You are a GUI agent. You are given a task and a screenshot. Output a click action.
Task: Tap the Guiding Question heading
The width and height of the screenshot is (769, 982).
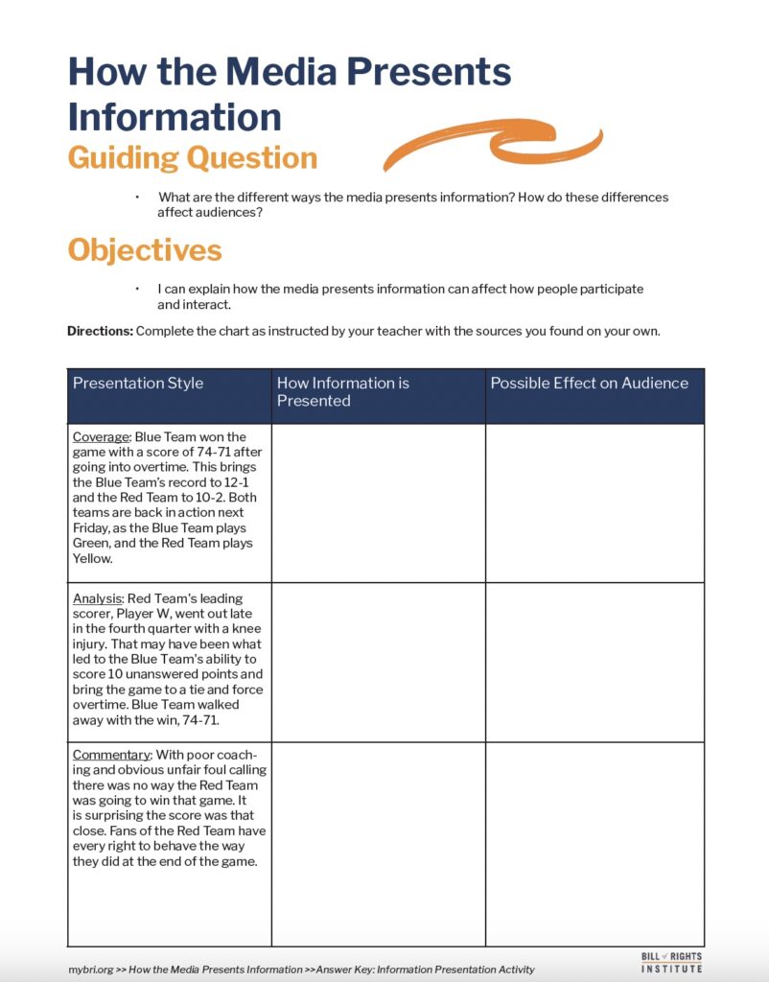[x=192, y=157]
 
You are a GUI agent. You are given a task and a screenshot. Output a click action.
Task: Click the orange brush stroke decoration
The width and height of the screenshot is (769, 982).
[x=493, y=146]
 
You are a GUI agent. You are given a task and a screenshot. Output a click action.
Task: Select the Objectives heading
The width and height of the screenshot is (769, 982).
[x=144, y=250]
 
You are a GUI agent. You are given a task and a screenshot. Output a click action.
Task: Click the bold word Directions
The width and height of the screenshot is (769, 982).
[x=100, y=331]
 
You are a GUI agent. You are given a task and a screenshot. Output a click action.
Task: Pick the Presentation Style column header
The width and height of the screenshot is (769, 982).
[x=138, y=383]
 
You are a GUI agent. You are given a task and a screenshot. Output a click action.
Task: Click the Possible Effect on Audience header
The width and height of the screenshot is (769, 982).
[x=589, y=383]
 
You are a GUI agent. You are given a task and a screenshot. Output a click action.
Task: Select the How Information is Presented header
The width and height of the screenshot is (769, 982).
[x=343, y=391]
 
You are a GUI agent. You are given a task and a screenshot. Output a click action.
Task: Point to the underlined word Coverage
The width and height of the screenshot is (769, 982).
[x=101, y=436]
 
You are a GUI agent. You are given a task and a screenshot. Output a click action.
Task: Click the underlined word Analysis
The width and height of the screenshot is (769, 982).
[x=97, y=597]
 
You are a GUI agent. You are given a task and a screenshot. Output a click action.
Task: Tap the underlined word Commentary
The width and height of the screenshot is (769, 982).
[x=111, y=755]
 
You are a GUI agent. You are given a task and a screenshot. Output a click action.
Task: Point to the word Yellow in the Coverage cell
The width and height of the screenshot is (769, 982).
[x=92, y=558]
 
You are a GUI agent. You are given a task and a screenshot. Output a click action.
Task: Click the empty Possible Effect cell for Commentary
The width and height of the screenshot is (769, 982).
[x=594, y=844]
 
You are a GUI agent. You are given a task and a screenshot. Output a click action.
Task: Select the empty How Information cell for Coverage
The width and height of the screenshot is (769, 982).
[x=378, y=503]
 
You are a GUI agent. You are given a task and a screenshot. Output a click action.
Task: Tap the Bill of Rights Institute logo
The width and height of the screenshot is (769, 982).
[x=671, y=962]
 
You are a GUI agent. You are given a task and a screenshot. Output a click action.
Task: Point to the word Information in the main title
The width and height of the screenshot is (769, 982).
[x=175, y=117]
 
